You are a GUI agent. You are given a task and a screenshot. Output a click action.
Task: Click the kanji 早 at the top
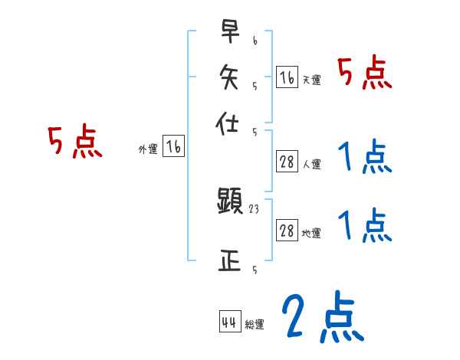[x=230, y=32]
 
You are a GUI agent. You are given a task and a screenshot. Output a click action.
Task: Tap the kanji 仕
[x=230, y=123]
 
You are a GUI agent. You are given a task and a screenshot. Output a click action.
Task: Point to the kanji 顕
[x=230, y=202]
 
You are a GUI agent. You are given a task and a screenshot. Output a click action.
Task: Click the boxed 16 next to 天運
[x=287, y=77]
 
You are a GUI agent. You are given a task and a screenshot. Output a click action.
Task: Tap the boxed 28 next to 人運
[x=287, y=162]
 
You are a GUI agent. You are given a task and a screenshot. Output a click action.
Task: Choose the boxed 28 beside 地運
[x=287, y=231]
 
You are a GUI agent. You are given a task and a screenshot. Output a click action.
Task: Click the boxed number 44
[x=228, y=322]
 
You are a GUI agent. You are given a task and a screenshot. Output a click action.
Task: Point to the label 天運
[x=311, y=80]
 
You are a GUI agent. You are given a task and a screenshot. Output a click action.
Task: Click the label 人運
[x=311, y=164]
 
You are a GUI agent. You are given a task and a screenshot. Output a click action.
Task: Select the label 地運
[x=311, y=234]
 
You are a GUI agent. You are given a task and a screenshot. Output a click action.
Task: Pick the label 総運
[x=254, y=325]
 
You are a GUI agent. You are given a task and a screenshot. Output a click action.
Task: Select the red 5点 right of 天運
[x=365, y=74]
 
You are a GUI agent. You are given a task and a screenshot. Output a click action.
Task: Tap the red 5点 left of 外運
[x=75, y=142]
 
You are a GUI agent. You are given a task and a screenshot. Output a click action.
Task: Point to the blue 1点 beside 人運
[x=365, y=159]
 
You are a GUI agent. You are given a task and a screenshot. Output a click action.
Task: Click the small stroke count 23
[x=255, y=208]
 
